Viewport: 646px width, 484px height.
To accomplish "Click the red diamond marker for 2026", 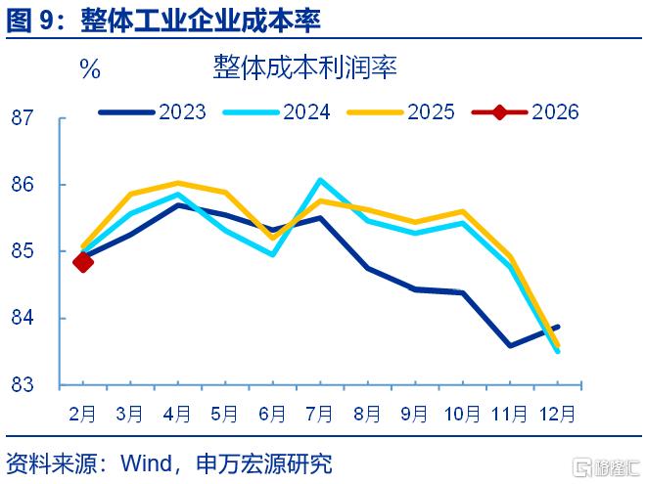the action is pos(83,262).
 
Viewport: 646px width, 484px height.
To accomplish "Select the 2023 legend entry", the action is pos(152,111).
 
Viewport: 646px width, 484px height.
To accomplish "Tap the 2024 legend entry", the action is pos(276,111).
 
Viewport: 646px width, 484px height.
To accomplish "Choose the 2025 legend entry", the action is pos(401,111).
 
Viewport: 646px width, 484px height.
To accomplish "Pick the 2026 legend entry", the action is pos(526,111).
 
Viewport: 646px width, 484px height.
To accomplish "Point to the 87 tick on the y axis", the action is pos(22,117).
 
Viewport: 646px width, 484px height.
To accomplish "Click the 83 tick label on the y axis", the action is pos(22,385).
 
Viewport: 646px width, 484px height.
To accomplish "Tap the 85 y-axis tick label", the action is pos(22,250).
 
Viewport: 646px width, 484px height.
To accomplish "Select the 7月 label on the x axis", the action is pos(319,414).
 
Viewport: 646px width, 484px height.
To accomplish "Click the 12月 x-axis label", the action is pos(557,414).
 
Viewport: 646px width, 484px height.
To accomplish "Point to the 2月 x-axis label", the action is pos(82,414).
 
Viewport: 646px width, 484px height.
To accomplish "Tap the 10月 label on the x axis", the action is pos(462,414).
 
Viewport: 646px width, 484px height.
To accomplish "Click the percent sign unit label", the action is pos(90,68).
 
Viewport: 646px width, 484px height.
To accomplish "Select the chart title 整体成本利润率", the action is pos(304,67).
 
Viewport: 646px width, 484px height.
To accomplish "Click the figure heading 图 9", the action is pos(30,20).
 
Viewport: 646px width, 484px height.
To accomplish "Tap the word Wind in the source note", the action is pos(146,463).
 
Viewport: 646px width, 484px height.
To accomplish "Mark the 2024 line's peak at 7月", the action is pos(320,180).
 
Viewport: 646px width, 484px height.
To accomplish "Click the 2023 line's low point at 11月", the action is pos(511,345).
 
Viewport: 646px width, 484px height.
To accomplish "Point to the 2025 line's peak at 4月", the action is pos(177,183).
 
